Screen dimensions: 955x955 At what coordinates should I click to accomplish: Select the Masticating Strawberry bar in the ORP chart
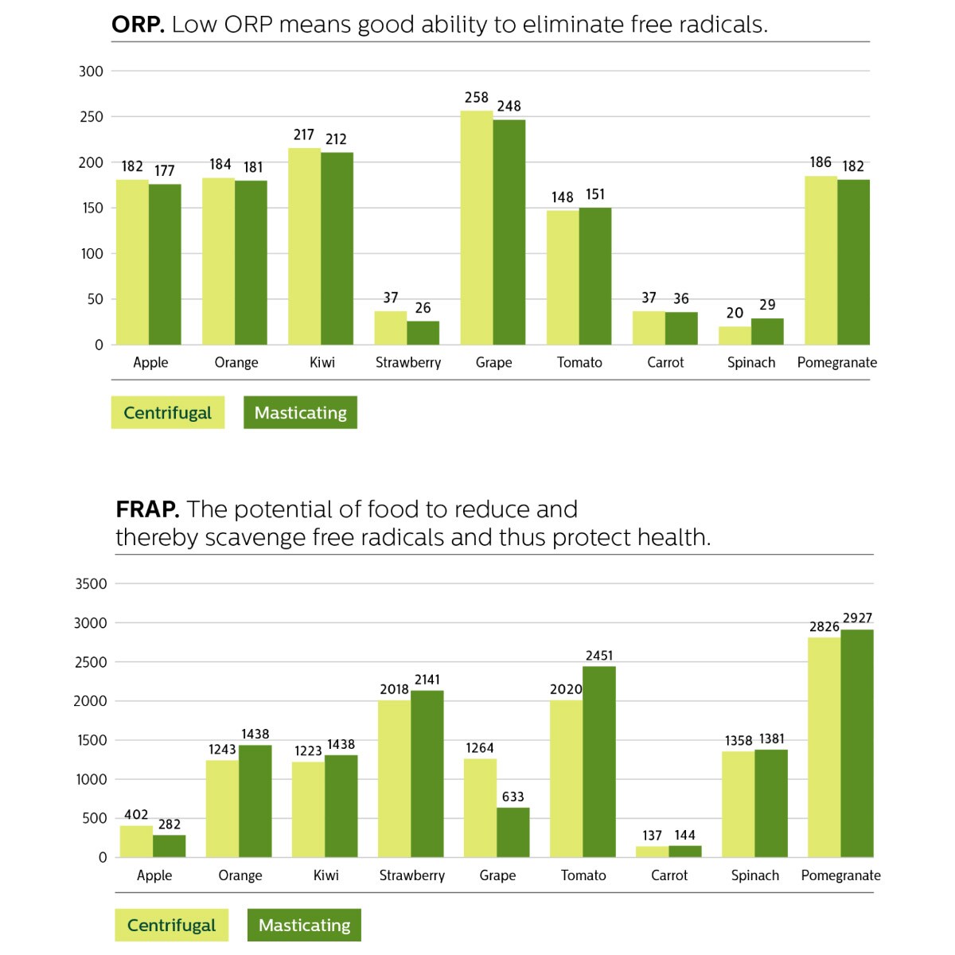click(423, 333)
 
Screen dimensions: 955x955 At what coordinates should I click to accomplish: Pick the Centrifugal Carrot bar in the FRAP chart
click(652, 852)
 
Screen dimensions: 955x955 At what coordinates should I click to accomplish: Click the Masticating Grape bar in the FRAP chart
click(513, 832)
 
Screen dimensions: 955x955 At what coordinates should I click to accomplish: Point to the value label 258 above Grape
click(477, 97)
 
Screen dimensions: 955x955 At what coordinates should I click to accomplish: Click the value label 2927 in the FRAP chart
click(857, 618)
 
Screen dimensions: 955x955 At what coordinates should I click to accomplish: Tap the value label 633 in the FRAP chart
click(513, 796)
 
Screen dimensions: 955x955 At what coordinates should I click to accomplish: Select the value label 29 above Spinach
click(767, 305)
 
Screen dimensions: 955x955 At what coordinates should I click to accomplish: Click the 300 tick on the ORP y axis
click(92, 72)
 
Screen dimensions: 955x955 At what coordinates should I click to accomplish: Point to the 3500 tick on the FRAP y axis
click(91, 583)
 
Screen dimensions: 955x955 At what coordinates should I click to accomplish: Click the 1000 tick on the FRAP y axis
click(91, 779)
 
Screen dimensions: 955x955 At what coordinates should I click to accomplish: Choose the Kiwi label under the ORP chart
click(322, 362)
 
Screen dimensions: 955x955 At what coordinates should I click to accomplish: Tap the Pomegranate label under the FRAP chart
click(840, 875)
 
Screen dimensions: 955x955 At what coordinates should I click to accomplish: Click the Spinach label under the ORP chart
click(750, 362)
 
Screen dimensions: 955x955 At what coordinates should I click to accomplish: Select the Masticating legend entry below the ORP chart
click(300, 412)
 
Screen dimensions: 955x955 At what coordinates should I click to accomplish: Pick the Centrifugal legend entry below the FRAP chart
click(171, 925)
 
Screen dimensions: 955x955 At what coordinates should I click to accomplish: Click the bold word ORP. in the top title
click(138, 25)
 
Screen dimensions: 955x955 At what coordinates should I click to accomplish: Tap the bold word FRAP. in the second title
click(147, 509)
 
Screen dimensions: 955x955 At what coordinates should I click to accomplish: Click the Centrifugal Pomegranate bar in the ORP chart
click(821, 260)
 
